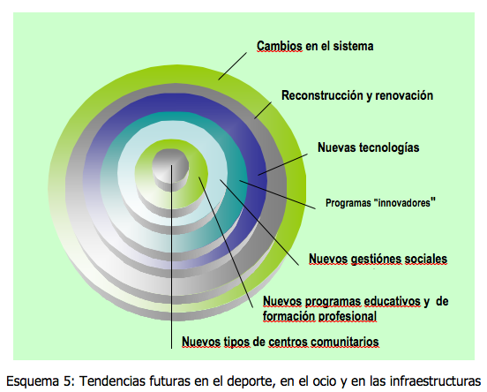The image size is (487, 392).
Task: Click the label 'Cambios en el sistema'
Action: pos(315,46)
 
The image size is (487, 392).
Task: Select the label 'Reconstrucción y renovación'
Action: pos(357,95)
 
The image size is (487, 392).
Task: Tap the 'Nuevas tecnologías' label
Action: pos(369,147)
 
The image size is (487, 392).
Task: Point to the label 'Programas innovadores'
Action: pos(380,203)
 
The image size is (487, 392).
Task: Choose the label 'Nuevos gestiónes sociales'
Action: pos(378,259)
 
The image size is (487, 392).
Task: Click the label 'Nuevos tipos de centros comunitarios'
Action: pos(281,342)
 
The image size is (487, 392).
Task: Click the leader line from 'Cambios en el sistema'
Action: pos(232,66)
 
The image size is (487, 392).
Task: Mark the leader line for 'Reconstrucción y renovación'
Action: pos(263,110)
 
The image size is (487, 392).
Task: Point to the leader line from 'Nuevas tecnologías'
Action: pos(282,165)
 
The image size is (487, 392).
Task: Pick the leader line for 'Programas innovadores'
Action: pos(277,194)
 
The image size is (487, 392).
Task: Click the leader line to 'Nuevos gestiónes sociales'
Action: pos(259,222)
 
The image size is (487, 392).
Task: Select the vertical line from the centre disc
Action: pos(171,257)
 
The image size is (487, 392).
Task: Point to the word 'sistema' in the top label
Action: pos(353,46)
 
